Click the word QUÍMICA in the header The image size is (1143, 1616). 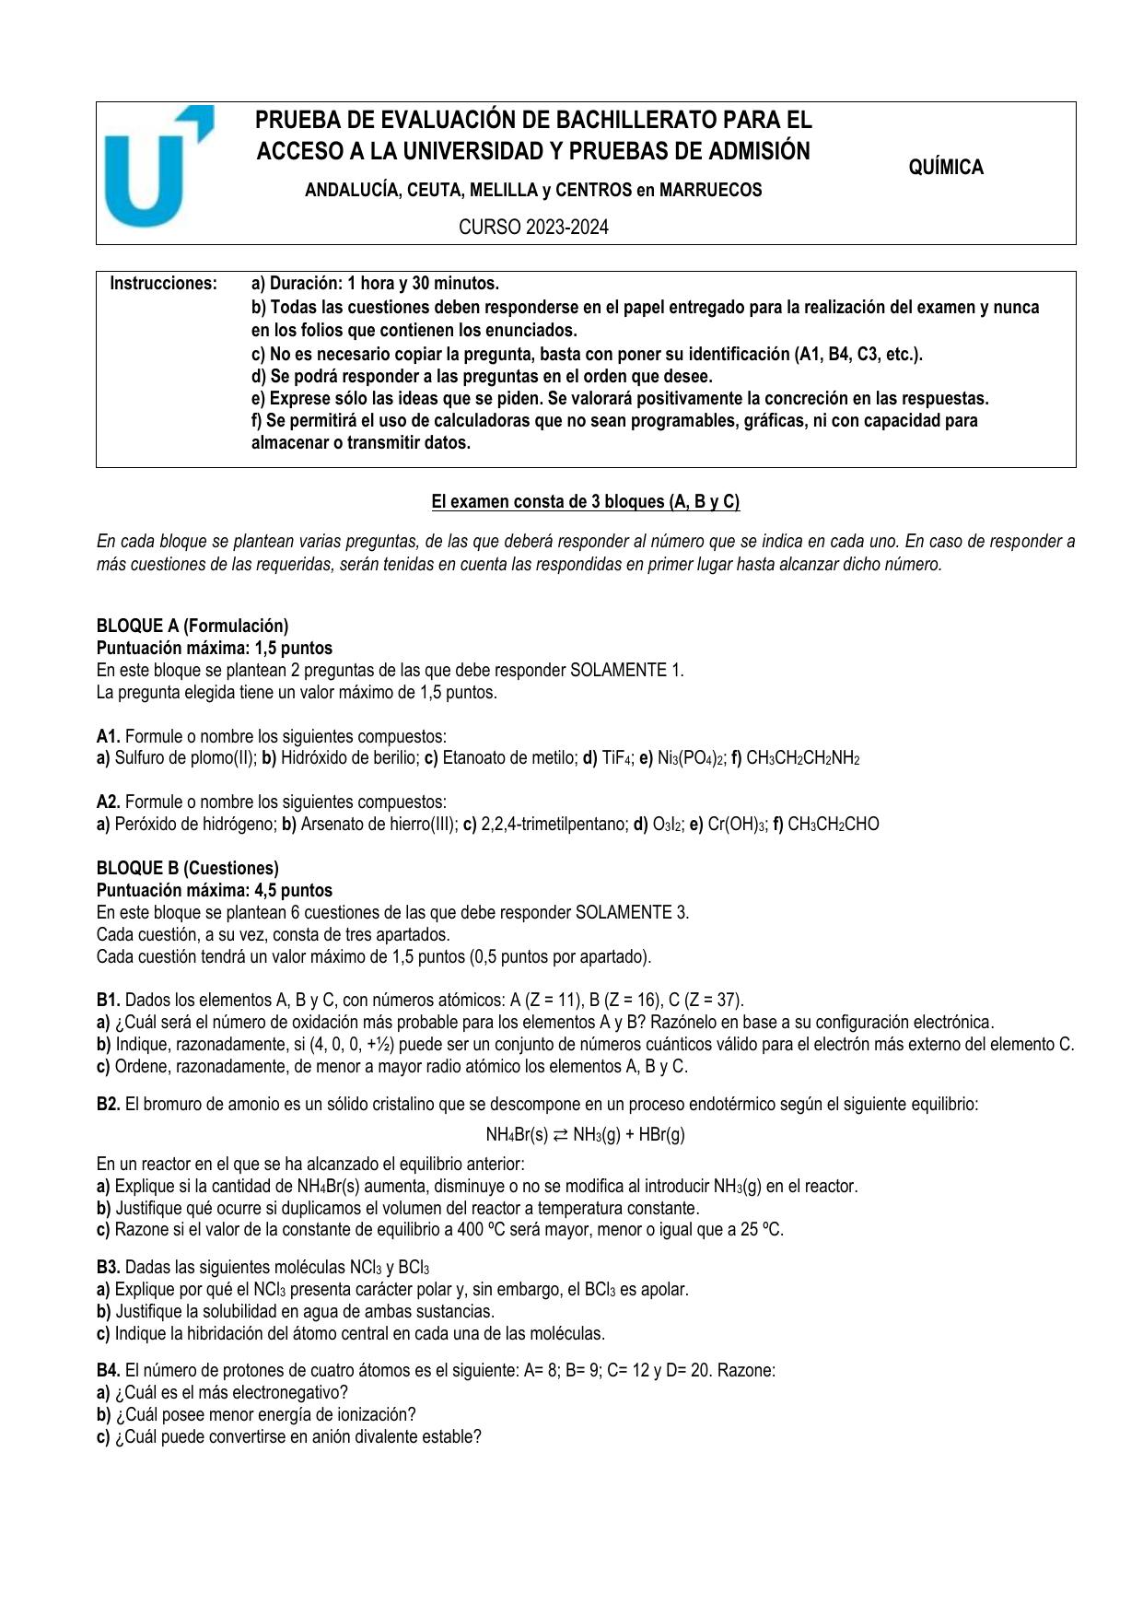click(x=946, y=168)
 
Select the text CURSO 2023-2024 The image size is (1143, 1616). click(x=534, y=228)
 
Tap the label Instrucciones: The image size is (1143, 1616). click(x=164, y=284)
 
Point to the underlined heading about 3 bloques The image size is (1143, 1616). click(x=586, y=502)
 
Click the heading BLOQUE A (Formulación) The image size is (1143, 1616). click(x=192, y=626)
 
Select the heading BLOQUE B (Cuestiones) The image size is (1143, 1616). click(x=187, y=868)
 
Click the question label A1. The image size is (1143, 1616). click(x=108, y=736)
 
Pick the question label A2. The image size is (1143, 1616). click(x=108, y=802)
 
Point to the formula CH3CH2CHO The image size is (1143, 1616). click(x=833, y=824)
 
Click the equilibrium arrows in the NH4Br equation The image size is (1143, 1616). click(x=561, y=1134)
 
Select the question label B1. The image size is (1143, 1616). click(x=108, y=1000)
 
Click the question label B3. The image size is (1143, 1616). click(x=108, y=1267)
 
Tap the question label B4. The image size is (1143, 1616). click(x=108, y=1370)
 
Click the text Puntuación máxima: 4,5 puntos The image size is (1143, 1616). click(x=214, y=890)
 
